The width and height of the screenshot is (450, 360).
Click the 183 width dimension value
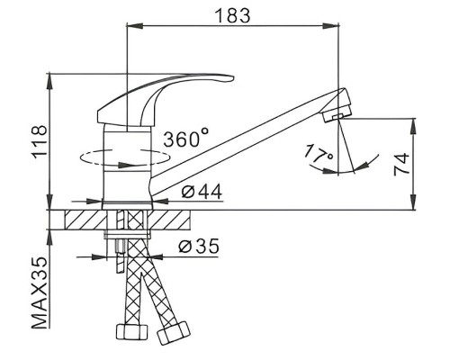click(233, 15)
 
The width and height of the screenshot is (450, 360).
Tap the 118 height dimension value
click(40, 142)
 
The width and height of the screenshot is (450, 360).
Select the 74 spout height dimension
click(401, 164)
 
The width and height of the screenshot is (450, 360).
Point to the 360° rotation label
click(185, 137)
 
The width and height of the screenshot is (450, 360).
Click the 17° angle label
click(318, 154)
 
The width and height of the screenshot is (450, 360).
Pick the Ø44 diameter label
click(202, 192)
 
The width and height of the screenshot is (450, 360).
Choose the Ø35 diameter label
click(199, 246)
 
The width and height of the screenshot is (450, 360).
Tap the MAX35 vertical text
click(40, 292)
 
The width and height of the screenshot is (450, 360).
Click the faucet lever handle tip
click(231, 78)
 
